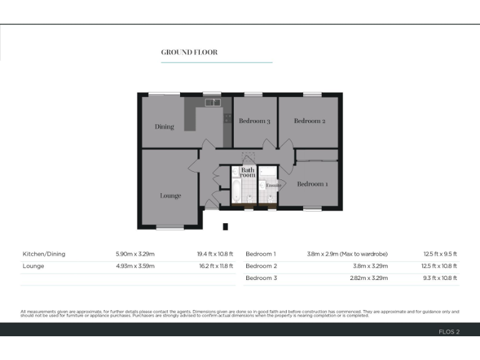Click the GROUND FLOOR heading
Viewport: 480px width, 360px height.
(189, 52)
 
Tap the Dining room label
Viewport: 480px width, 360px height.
(164, 127)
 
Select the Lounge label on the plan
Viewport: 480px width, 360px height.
(170, 196)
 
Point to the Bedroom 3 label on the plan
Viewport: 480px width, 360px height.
(254, 121)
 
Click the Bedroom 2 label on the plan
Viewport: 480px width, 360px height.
(309, 121)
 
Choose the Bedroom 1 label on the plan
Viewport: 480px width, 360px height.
(312, 184)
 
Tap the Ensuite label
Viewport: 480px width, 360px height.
(273, 186)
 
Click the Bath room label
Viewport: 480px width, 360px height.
(248, 172)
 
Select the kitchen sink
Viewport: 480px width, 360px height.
(212, 102)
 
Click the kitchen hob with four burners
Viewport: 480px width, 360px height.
(227, 117)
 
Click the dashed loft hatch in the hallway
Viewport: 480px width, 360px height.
(249, 158)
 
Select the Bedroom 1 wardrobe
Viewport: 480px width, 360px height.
(316, 155)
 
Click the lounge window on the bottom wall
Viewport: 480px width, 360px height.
(170, 227)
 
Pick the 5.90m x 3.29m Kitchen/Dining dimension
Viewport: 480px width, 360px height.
(135, 254)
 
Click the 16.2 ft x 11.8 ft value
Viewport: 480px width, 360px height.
(215, 266)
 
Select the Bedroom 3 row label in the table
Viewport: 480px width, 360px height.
(261, 278)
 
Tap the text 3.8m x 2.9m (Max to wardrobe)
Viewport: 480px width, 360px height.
(347, 254)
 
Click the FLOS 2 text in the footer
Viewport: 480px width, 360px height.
(449, 332)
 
